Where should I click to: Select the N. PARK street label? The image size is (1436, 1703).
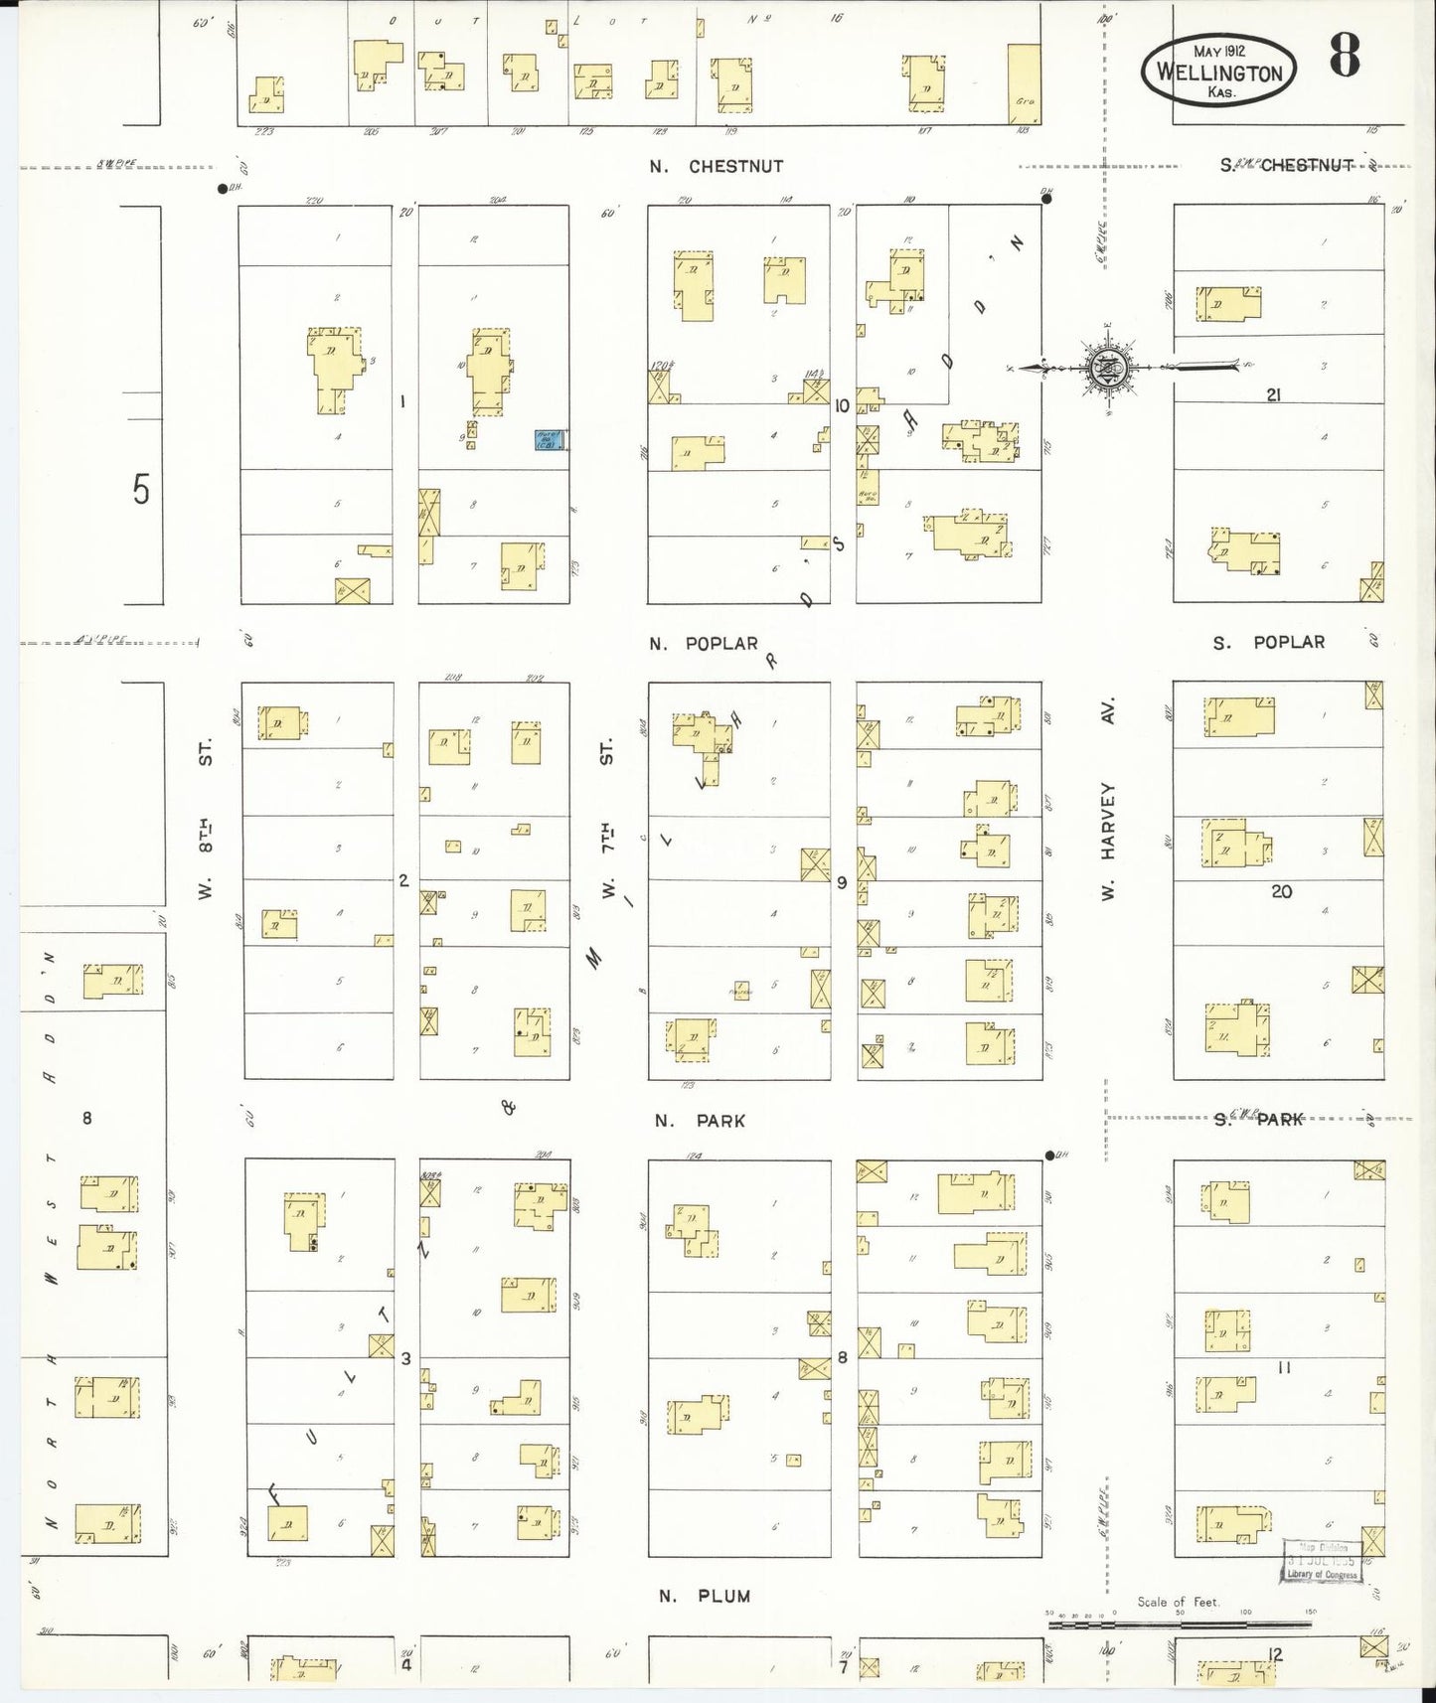click(x=700, y=1121)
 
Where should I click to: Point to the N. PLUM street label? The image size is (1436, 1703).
click(x=705, y=1596)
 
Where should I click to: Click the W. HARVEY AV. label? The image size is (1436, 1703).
click(x=1108, y=799)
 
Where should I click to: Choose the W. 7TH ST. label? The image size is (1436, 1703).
click(x=608, y=821)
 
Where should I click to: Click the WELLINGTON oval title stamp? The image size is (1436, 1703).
click(x=1218, y=72)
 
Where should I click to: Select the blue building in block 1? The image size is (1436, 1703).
click(x=550, y=439)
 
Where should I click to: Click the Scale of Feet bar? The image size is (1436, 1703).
click(x=1179, y=1626)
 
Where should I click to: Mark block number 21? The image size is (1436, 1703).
click(x=1273, y=395)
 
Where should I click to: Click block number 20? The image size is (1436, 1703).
click(x=1282, y=891)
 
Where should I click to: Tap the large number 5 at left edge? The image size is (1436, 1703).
click(x=141, y=489)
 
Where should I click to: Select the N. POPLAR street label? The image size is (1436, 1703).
click(x=704, y=644)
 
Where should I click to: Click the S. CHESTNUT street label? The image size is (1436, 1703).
click(x=1287, y=166)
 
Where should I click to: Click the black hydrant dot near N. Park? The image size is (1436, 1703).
click(x=1049, y=1156)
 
